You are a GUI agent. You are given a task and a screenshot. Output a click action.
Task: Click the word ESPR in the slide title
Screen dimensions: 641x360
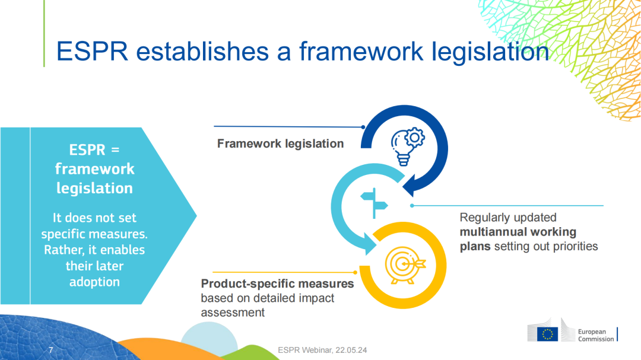92,52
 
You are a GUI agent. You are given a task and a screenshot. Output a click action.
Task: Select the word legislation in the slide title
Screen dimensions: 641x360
490,52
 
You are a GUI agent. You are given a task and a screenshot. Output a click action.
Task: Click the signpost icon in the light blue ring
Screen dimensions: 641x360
374,203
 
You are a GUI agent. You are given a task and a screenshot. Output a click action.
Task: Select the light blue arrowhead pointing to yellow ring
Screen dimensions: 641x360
370,244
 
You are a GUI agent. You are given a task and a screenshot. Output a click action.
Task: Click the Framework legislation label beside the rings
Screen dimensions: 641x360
280,144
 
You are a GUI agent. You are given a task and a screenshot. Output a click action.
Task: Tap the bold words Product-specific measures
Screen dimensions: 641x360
277,283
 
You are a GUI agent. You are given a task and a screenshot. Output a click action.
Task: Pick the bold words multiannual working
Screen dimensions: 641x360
518,232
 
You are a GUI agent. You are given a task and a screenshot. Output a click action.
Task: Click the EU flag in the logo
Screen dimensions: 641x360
547,334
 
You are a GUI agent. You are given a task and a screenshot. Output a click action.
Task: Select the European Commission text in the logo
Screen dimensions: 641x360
596,335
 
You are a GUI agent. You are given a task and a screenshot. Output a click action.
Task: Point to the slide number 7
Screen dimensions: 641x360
50,350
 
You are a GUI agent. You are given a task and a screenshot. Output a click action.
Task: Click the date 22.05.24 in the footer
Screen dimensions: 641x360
351,350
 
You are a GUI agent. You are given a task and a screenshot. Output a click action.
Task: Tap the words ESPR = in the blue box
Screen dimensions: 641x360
94,149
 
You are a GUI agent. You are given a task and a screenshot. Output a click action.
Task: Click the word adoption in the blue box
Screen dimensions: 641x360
94,282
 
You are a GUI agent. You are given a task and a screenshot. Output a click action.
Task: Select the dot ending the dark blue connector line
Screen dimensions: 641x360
363,127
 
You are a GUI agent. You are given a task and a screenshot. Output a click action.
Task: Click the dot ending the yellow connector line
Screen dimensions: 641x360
356,272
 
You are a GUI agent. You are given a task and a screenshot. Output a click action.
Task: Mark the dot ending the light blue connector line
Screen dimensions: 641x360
412,206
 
